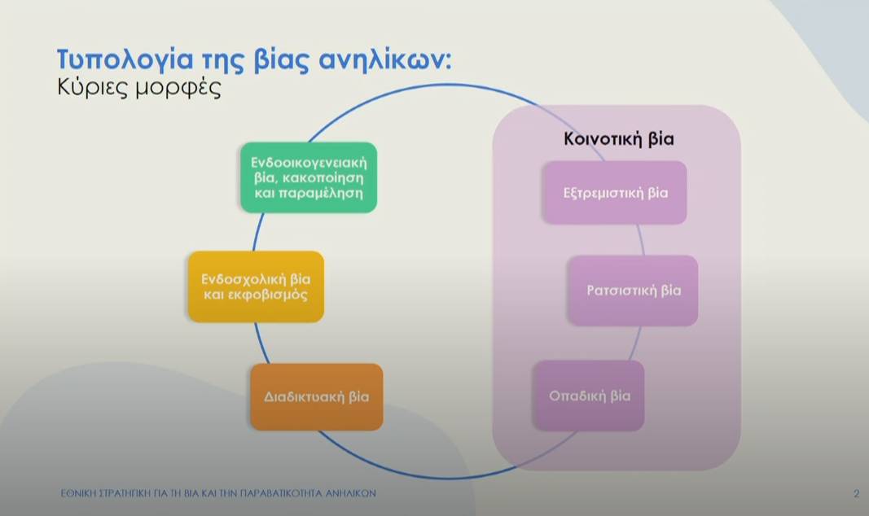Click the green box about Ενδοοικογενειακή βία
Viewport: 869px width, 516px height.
click(308, 177)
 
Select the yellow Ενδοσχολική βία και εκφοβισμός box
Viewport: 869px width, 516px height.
click(256, 286)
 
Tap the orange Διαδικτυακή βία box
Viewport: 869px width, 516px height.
click(316, 397)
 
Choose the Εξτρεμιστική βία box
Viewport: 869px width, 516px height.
click(615, 193)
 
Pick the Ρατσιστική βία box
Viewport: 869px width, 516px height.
click(633, 291)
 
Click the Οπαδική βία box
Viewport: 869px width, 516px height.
click(589, 396)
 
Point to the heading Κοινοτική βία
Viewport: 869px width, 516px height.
click(619, 138)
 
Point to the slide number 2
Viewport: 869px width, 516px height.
click(856, 493)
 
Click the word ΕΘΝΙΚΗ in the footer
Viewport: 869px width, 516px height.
click(79, 493)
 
